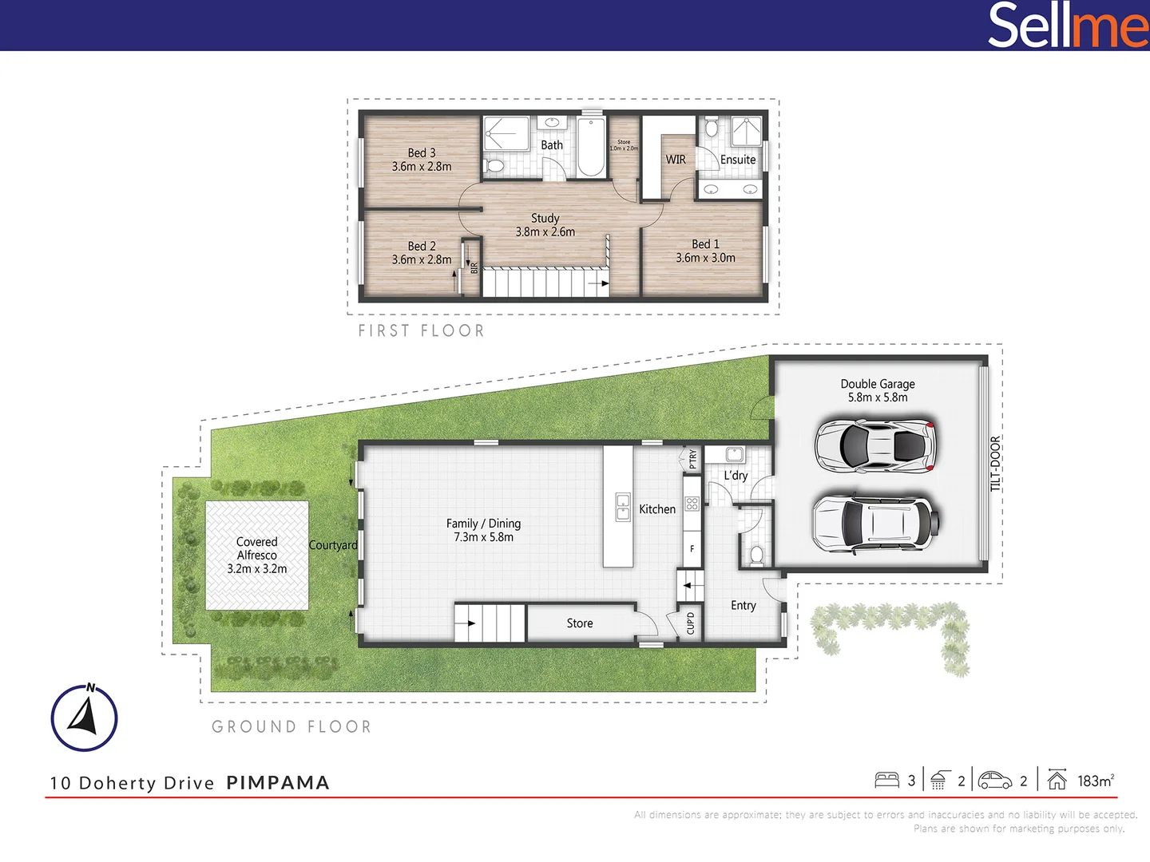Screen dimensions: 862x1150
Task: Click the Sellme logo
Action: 1067,25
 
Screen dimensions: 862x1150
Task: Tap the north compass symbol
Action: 84,717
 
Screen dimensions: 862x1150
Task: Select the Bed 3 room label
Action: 422,160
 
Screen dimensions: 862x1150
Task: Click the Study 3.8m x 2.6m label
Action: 545,224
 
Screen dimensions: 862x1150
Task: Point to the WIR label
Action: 676,160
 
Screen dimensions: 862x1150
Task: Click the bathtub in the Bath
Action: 591,148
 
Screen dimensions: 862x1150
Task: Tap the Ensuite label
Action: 738,160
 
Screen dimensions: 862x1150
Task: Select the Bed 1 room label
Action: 705,251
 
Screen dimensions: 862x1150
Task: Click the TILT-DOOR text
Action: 995,463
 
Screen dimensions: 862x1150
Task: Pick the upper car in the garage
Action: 874,445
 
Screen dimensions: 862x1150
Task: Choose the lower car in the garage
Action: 874,524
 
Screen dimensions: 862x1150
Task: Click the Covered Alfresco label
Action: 257,555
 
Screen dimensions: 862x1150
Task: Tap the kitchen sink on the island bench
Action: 623,507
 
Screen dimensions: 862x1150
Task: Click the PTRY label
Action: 692,458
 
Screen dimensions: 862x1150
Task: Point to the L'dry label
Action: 736,476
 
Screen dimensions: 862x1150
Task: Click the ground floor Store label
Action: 580,623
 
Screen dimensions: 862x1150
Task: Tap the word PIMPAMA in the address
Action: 278,783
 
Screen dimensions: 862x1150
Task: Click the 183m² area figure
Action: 1095,781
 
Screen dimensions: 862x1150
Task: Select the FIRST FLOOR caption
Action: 421,330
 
